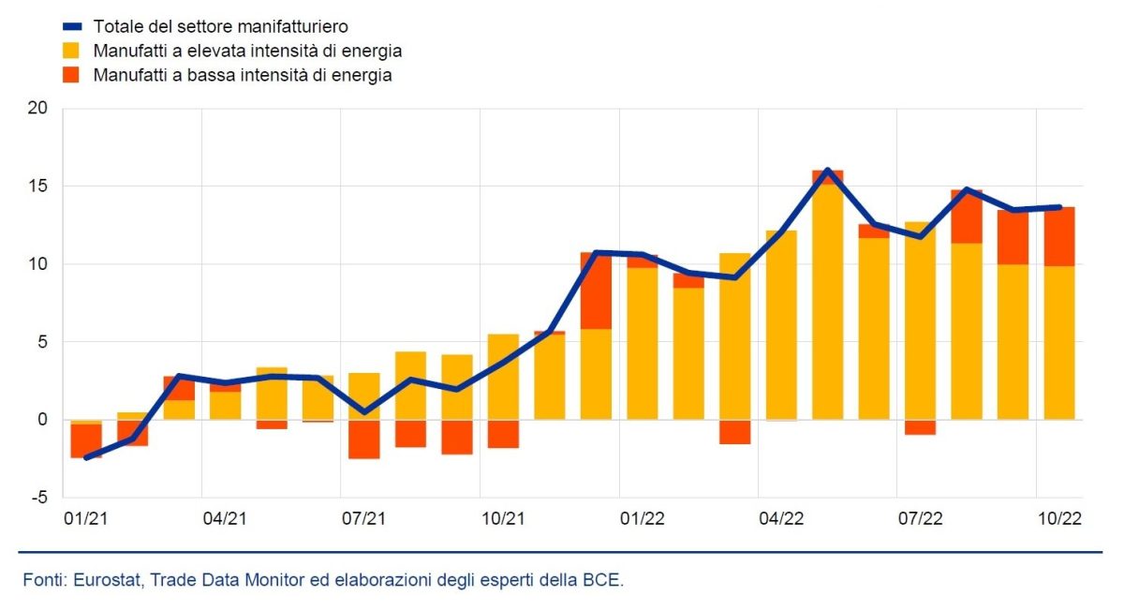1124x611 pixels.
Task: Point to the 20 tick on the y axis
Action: (x=37, y=109)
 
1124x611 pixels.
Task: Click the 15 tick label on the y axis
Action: (x=37, y=186)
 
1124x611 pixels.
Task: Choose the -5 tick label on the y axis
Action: (x=39, y=498)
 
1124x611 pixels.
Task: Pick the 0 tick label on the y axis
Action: (x=42, y=420)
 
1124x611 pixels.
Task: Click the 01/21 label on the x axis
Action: (x=85, y=518)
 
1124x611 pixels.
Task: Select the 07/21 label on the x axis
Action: (x=363, y=518)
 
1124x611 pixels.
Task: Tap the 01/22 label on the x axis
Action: (x=643, y=518)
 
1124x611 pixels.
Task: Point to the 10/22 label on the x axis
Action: (x=1059, y=518)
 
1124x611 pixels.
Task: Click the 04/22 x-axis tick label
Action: (x=781, y=518)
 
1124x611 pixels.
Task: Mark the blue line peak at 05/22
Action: (x=828, y=171)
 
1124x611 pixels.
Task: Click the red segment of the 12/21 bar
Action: (x=596, y=291)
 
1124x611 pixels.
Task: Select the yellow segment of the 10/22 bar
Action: (x=1059, y=342)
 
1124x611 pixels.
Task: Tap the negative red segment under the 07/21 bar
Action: (x=364, y=440)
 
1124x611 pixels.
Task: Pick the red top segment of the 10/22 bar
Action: (x=1059, y=236)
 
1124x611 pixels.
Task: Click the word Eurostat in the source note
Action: (x=101, y=580)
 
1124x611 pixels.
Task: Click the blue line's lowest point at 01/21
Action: (x=86, y=457)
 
